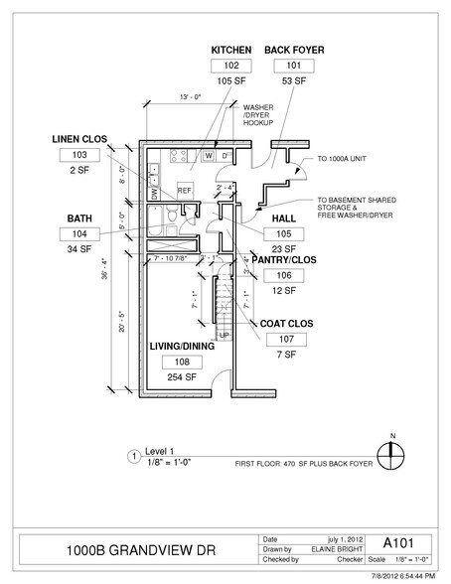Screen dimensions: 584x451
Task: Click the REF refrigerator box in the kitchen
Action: (185, 189)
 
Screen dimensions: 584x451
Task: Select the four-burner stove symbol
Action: (181, 155)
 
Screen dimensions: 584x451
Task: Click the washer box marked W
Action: (210, 156)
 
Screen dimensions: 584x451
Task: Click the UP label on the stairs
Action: (223, 334)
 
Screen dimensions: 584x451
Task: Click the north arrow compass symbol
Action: (394, 454)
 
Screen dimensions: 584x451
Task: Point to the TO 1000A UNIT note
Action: (343, 158)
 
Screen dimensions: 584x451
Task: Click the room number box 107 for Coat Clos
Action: (287, 339)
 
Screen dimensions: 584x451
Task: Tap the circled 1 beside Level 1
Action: (133, 458)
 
